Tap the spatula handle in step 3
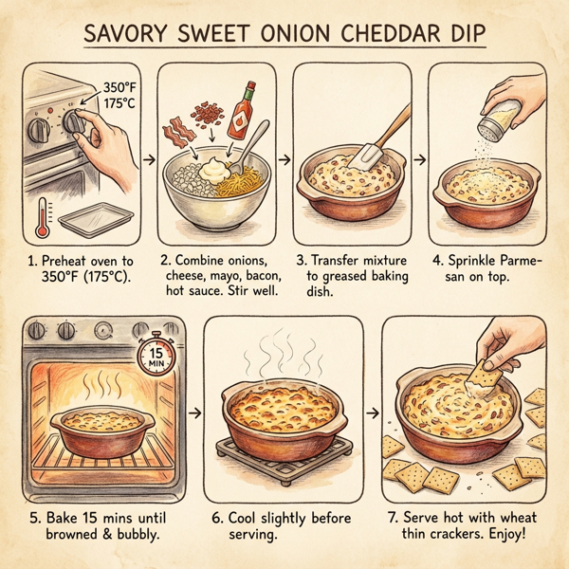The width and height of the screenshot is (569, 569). [394, 124]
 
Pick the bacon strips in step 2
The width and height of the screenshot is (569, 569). [177, 134]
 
